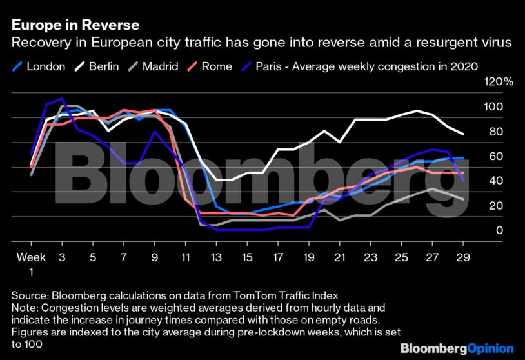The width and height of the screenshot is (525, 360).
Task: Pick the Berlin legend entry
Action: point(97,66)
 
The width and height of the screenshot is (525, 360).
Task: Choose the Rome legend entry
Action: point(209,66)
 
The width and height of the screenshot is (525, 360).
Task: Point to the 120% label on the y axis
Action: point(499,83)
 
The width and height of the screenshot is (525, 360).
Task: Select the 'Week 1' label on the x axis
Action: point(32,263)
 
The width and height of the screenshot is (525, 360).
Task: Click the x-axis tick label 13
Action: point(216,257)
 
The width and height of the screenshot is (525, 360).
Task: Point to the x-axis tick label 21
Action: point(340,257)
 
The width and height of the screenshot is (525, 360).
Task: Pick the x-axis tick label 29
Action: point(463,257)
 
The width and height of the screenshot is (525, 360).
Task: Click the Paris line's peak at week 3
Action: point(62,99)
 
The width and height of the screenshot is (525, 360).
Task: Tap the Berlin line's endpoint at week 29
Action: point(463,134)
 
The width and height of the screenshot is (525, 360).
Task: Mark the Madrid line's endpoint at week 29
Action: point(463,199)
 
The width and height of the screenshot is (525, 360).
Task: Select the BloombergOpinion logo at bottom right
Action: point(457,348)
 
